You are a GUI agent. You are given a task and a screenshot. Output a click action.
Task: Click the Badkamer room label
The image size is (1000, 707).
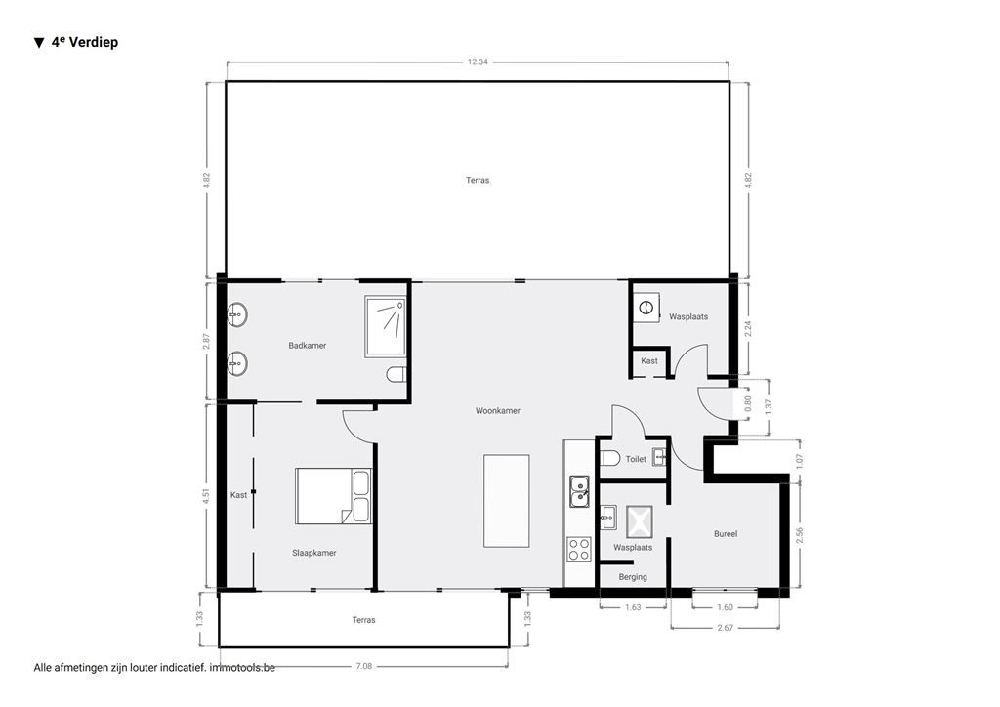click(307, 346)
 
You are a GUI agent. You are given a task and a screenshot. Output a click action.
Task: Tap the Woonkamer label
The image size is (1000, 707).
click(497, 411)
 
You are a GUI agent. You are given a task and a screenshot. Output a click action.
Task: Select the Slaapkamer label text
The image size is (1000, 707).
click(313, 553)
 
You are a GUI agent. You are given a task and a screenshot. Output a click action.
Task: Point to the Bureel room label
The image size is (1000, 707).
click(725, 534)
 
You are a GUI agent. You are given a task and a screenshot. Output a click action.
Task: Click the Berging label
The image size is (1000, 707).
click(633, 577)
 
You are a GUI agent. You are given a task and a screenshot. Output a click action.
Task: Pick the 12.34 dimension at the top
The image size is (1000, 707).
click(477, 62)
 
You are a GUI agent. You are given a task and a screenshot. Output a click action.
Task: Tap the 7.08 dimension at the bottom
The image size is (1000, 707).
click(363, 666)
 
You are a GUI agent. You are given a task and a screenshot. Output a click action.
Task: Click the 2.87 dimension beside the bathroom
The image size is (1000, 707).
click(206, 341)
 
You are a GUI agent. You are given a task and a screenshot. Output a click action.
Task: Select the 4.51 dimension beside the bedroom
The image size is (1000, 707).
click(206, 495)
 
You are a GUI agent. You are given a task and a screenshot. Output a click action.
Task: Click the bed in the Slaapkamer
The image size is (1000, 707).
click(333, 496)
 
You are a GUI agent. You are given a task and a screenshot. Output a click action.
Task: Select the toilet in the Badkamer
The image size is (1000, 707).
click(396, 375)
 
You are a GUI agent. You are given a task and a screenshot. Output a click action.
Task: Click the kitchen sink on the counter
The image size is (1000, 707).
click(579, 490)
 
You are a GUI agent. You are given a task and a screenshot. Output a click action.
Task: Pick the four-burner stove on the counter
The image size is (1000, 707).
click(579, 549)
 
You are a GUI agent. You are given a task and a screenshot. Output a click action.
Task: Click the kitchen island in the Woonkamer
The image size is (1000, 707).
click(507, 501)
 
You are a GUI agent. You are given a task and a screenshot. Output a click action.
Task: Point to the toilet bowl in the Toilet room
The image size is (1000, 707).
click(610, 459)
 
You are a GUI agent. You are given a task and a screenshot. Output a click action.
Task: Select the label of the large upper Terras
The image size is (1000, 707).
click(477, 180)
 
